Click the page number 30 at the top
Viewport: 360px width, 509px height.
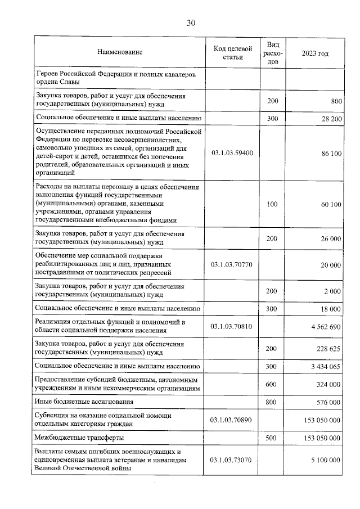pos(191,23)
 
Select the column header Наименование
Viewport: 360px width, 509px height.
pos(120,52)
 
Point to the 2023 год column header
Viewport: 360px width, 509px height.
pos(315,53)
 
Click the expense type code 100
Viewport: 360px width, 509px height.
pos(272,205)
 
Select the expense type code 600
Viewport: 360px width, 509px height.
pos(272,384)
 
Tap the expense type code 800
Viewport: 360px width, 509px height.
pos(272,402)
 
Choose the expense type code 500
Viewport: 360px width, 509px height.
pos(272,438)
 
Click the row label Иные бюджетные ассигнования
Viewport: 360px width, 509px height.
pos(84,402)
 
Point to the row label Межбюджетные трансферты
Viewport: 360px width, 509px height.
pos(79,438)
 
